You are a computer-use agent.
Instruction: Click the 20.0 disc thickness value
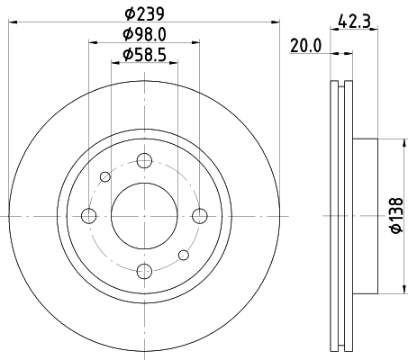(306, 47)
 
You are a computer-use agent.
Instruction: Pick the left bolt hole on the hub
(88, 215)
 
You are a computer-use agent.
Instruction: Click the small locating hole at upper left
(105, 176)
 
